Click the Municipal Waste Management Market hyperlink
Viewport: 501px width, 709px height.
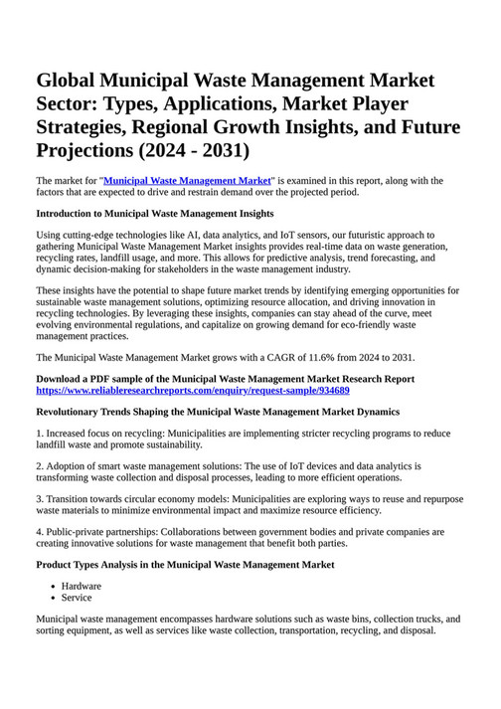188,181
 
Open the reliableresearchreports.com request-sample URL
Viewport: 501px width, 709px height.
192,391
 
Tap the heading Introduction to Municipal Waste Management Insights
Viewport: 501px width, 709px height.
154,213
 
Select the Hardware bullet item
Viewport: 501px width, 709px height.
82,586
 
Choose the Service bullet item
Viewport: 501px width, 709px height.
77,598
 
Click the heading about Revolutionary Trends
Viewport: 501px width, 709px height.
218,411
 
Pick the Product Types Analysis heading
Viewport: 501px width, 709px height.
185,565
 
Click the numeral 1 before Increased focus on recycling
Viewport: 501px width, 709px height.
39,434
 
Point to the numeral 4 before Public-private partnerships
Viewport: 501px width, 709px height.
39,532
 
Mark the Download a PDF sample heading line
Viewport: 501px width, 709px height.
225,379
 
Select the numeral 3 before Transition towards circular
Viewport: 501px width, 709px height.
39,498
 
